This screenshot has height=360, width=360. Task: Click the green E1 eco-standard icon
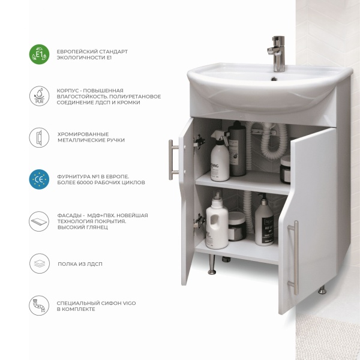tap(39, 55)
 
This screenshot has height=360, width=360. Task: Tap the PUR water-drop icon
tap(39, 96)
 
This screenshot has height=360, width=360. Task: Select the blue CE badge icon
tap(39, 179)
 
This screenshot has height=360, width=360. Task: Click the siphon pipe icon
tap(39, 305)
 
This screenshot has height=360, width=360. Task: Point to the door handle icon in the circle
tap(39, 137)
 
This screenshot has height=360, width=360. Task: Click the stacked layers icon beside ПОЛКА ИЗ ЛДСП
tap(39, 263)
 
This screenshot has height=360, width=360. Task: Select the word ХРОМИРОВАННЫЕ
tap(83, 134)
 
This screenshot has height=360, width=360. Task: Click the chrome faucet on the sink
tap(277, 53)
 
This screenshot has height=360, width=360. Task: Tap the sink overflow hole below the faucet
tap(274, 79)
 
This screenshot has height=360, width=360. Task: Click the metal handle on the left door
tap(173, 160)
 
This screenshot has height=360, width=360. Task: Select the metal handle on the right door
tap(294, 257)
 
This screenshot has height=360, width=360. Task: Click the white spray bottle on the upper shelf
tap(220, 155)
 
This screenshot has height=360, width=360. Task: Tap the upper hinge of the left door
tap(199, 142)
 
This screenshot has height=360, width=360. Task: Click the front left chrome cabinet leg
tap(212, 265)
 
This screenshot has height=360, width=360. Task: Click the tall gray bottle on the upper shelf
tap(237, 149)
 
